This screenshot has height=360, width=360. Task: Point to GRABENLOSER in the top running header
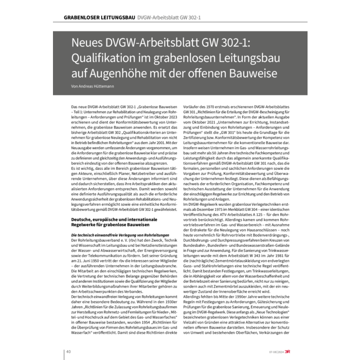tap(81, 18)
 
